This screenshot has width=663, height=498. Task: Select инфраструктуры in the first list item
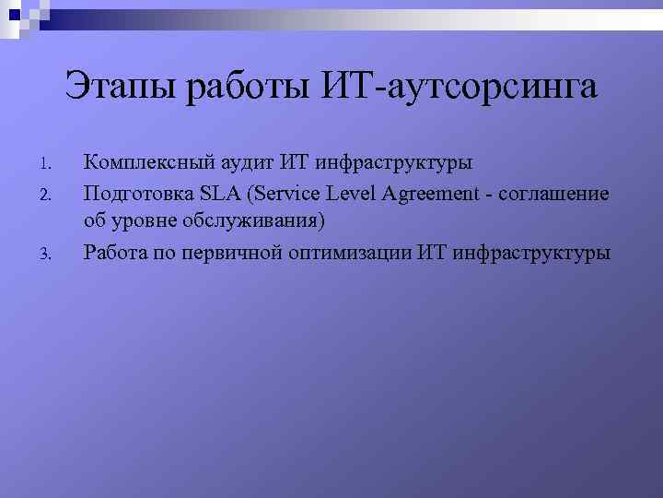394,163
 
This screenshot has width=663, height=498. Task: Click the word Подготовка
136,193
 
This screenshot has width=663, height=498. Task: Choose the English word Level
346,193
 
